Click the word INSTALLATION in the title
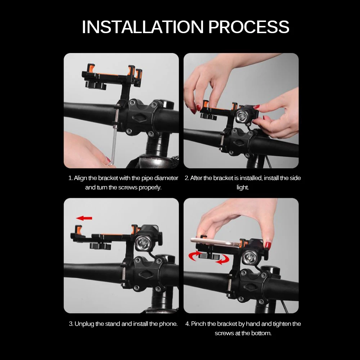[143, 27]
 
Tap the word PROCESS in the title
[249, 27]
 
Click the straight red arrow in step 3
[84, 218]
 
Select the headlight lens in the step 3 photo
[143, 243]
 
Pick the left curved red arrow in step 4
[194, 256]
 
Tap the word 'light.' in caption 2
[243, 188]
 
